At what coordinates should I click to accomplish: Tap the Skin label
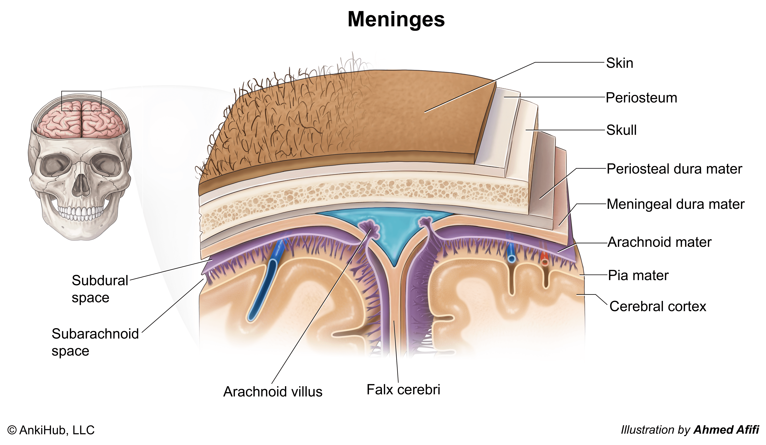point(620,63)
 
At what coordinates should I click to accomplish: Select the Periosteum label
point(641,98)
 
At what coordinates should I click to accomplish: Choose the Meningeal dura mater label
point(675,204)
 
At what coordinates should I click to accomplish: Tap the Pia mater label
point(638,275)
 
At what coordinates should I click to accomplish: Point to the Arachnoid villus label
point(273,392)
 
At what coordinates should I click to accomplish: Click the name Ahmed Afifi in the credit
point(726,430)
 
